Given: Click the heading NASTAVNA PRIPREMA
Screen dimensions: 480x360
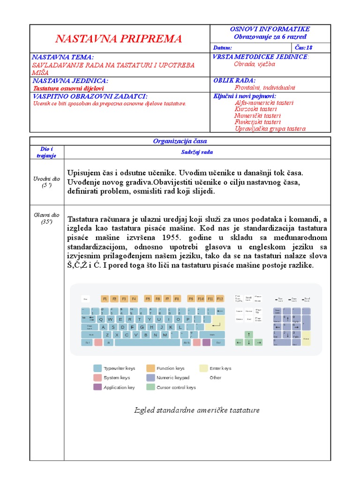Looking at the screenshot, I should (119, 38).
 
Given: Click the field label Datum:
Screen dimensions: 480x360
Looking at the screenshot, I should (223, 48).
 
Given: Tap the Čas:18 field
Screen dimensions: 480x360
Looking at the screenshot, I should (304, 48).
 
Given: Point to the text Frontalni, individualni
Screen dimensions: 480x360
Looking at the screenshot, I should (265, 87).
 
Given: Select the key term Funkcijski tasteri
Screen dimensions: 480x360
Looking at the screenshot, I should (257, 122).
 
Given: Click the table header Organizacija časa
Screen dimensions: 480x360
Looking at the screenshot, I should (180, 141).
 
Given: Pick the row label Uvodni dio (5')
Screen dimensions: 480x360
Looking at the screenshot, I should (47, 182).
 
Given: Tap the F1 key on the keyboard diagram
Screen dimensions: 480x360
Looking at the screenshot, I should (105, 299).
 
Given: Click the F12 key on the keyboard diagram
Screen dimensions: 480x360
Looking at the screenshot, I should (220, 299).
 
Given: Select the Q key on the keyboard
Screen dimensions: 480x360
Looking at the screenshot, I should (99, 319).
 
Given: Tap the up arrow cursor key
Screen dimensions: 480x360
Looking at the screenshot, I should (249, 334).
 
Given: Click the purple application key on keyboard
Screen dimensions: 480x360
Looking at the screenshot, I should (206, 343).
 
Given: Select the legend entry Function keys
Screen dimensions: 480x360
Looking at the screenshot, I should (170, 368).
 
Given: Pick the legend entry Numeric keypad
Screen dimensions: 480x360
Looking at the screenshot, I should (172, 378).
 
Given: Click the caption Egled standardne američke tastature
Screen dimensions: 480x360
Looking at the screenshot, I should (197, 411).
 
